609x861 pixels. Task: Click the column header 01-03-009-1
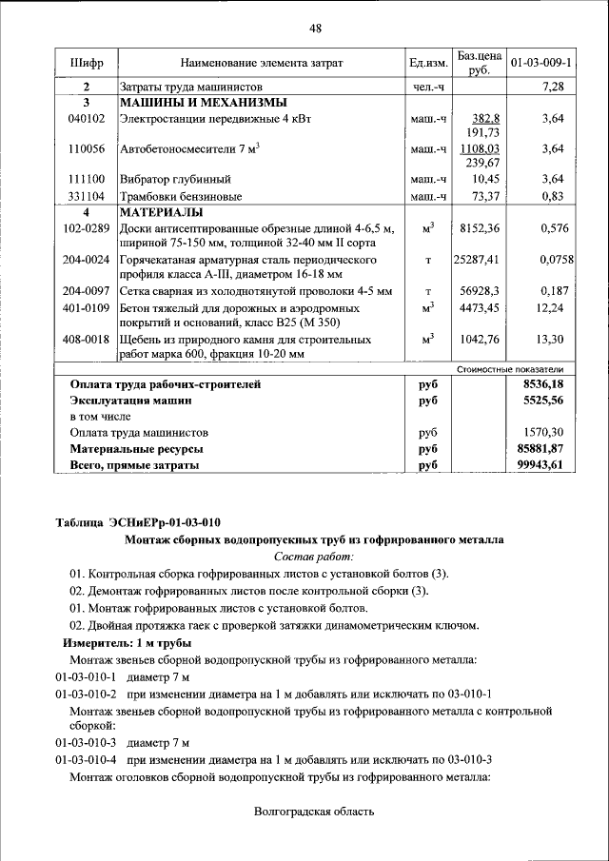540,63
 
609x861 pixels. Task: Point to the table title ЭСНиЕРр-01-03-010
165,522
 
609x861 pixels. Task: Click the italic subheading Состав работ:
314,556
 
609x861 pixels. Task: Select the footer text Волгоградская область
315,812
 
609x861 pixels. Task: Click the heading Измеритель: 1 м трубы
121,643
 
